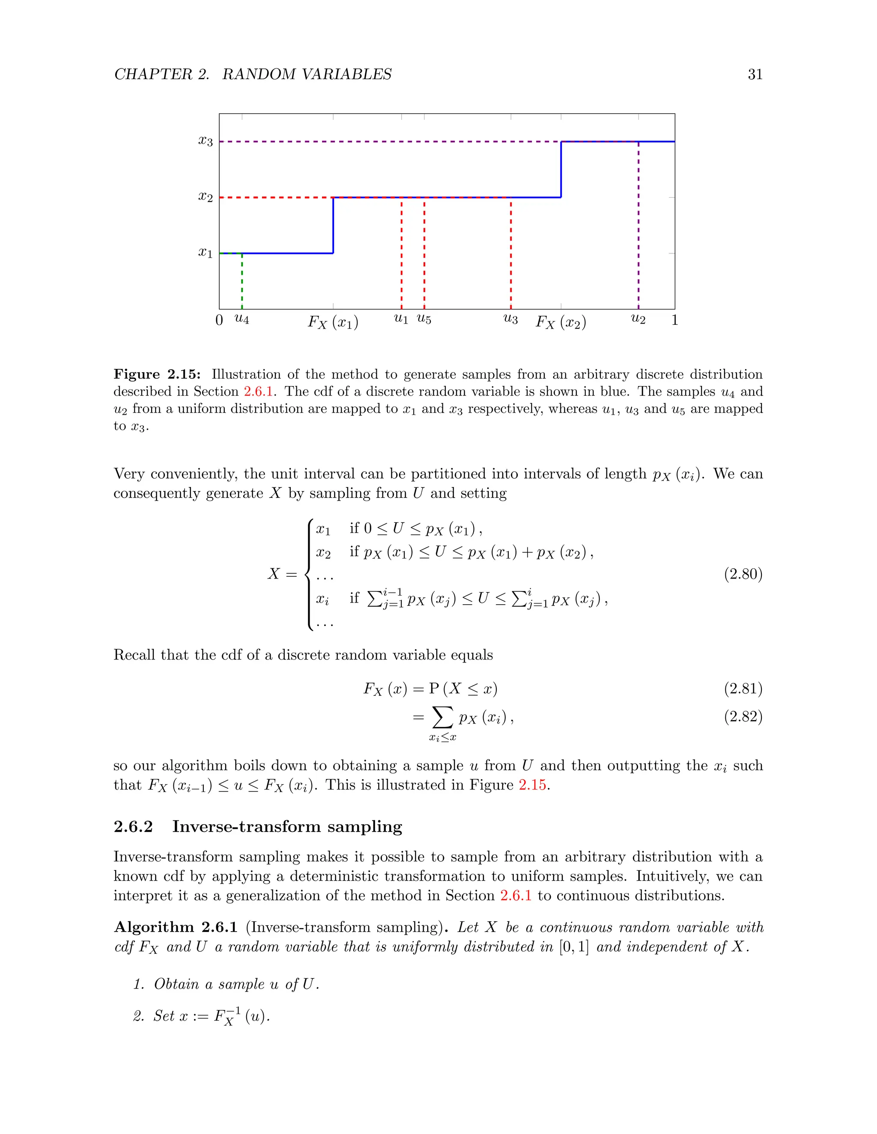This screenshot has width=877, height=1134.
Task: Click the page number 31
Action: coord(755,74)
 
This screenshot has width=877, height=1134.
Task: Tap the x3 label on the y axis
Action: coord(205,141)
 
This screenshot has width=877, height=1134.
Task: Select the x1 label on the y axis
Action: coord(205,253)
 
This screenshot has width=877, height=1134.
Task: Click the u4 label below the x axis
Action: coord(242,319)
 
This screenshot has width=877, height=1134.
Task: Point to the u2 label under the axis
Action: coord(638,319)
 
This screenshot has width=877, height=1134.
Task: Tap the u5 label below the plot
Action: coord(424,319)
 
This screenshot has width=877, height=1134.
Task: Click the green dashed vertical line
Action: coord(242,283)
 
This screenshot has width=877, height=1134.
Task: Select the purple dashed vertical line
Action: coord(638,229)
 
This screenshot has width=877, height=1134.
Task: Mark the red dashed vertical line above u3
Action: coord(511,255)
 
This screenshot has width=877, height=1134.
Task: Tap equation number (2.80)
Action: coord(743,574)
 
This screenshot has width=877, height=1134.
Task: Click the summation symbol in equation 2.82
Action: coord(442,717)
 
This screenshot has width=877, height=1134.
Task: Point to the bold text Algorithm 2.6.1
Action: coord(176,927)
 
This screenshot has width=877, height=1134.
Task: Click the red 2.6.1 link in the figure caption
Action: coord(258,392)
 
